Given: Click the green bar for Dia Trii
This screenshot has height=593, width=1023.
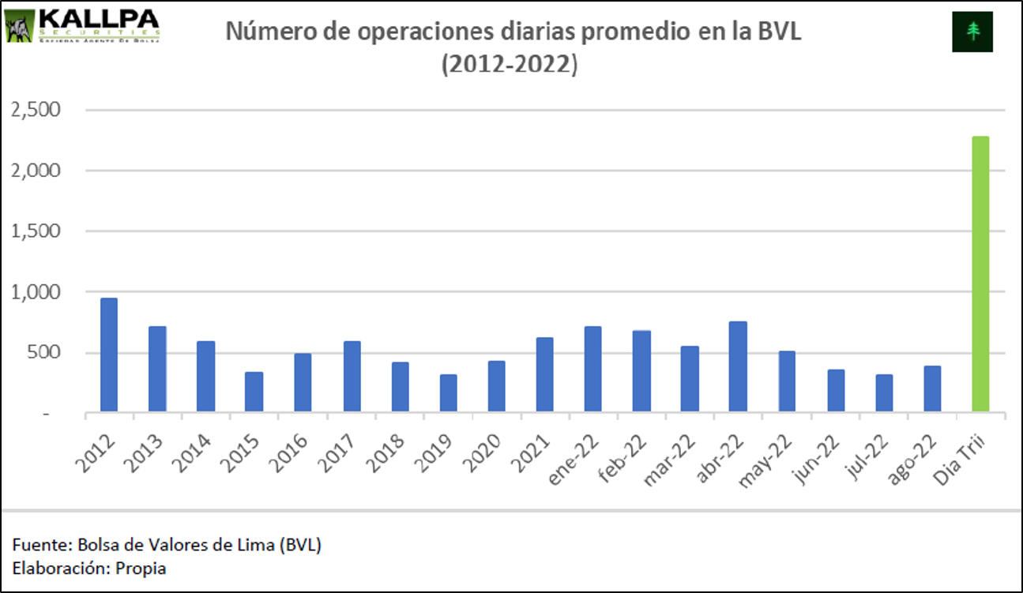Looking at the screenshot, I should (980, 274).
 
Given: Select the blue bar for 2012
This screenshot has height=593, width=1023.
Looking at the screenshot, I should (109, 355).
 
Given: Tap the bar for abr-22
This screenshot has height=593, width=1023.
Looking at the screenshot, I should (738, 366).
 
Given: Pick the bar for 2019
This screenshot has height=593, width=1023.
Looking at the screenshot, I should (448, 392).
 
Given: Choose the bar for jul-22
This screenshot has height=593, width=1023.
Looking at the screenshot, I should (884, 392).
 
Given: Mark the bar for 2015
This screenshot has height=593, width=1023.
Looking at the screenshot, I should (254, 392).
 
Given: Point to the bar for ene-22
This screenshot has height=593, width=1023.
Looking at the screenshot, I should (593, 369).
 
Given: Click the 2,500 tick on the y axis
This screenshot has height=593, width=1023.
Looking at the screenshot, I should (35, 110).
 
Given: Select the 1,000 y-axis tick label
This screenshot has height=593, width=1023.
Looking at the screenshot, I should (35, 292).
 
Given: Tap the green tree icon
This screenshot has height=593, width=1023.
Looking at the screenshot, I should (972, 32).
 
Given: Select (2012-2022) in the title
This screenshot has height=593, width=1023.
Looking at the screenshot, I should (510, 65).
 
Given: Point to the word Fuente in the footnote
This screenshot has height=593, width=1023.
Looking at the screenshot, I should (38, 545).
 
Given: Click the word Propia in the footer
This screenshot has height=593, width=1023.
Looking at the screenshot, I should (141, 568).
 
